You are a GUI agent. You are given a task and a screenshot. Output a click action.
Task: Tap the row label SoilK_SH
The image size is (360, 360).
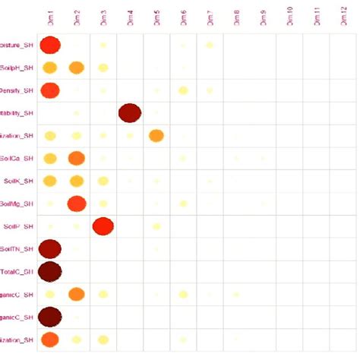(18, 182)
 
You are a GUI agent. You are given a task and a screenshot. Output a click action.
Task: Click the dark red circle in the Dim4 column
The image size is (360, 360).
(130, 113)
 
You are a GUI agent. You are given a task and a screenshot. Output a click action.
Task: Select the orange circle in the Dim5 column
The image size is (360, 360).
(156, 136)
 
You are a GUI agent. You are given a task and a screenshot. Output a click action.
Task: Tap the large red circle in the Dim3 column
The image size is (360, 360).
(103, 226)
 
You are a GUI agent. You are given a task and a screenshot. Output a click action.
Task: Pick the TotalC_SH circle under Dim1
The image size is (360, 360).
(50, 271)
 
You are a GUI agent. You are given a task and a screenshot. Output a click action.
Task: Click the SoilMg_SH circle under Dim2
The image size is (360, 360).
(77, 204)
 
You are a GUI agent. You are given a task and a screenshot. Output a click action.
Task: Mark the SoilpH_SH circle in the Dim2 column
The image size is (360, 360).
(77, 68)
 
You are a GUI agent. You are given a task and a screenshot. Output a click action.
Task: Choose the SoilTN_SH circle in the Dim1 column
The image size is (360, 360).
(50, 248)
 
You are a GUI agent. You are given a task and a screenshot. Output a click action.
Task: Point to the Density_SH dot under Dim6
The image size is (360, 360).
(183, 91)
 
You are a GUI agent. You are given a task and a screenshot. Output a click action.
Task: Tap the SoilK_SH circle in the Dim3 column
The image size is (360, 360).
(103, 181)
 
